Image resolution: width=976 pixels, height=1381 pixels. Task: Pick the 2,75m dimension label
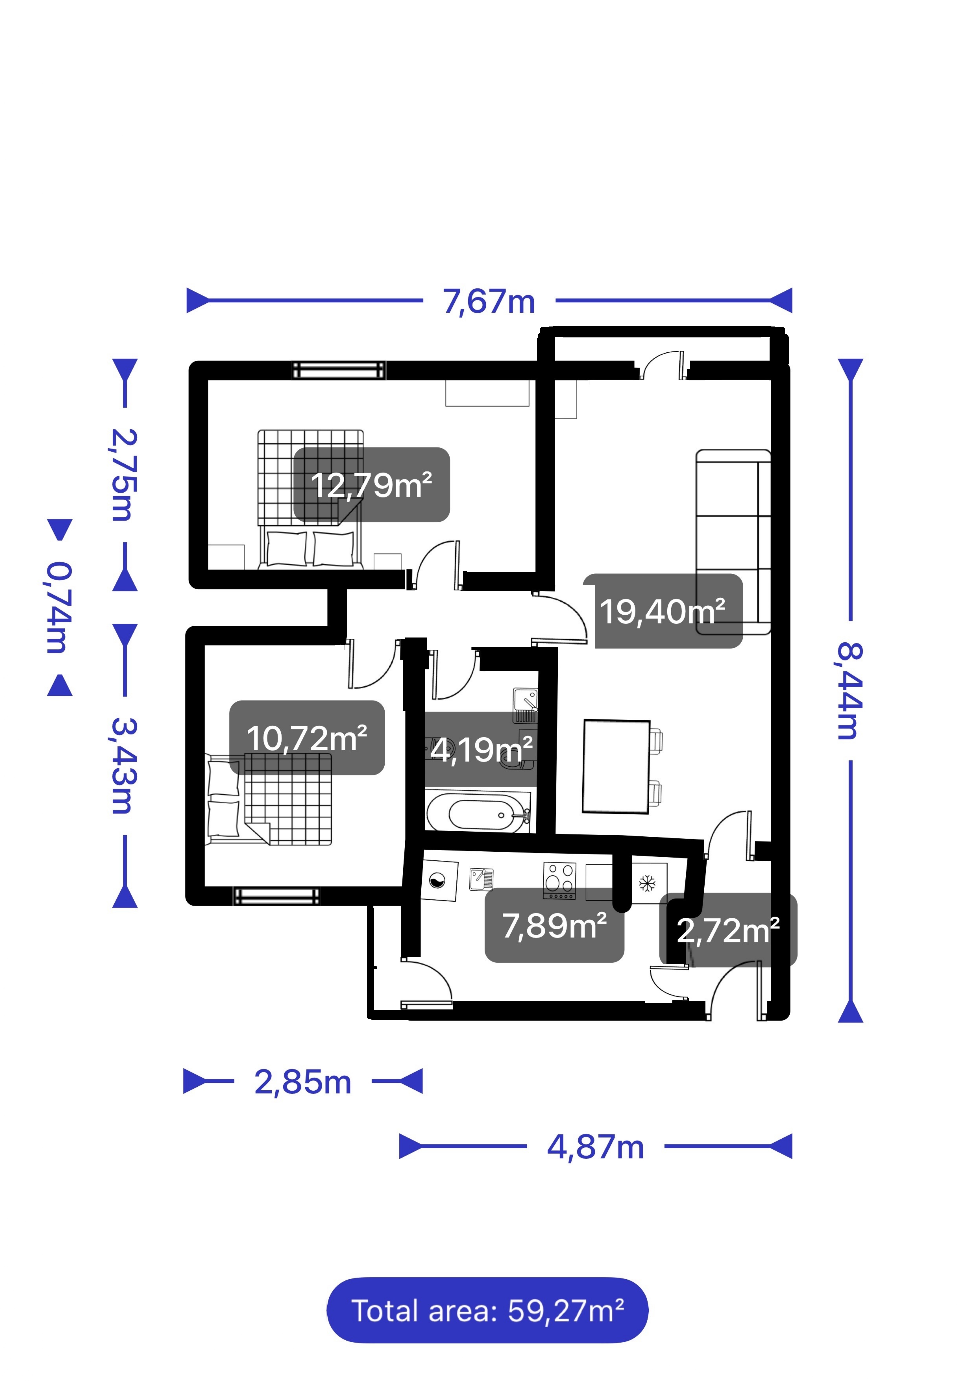(x=124, y=475)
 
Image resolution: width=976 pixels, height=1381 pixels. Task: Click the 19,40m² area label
(x=663, y=611)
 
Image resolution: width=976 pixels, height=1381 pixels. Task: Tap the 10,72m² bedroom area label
(x=307, y=738)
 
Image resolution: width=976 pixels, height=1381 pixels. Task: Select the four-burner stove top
(x=559, y=881)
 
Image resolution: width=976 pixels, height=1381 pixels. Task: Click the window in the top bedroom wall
(x=338, y=371)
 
